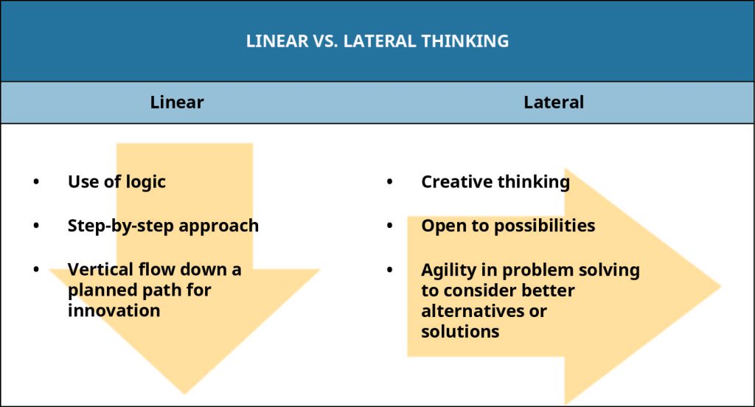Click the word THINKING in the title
tap(465, 41)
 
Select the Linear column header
tap(177, 102)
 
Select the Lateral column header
tap(554, 102)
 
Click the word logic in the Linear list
tap(145, 183)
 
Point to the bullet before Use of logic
tap(36, 181)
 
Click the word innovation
tap(114, 310)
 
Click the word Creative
tap(456, 181)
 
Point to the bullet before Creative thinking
tap(389, 181)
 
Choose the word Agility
tap(449, 271)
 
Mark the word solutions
tap(460, 331)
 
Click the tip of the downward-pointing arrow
tap(184, 394)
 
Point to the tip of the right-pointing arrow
tap(721, 286)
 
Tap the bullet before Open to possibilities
tap(389, 226)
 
